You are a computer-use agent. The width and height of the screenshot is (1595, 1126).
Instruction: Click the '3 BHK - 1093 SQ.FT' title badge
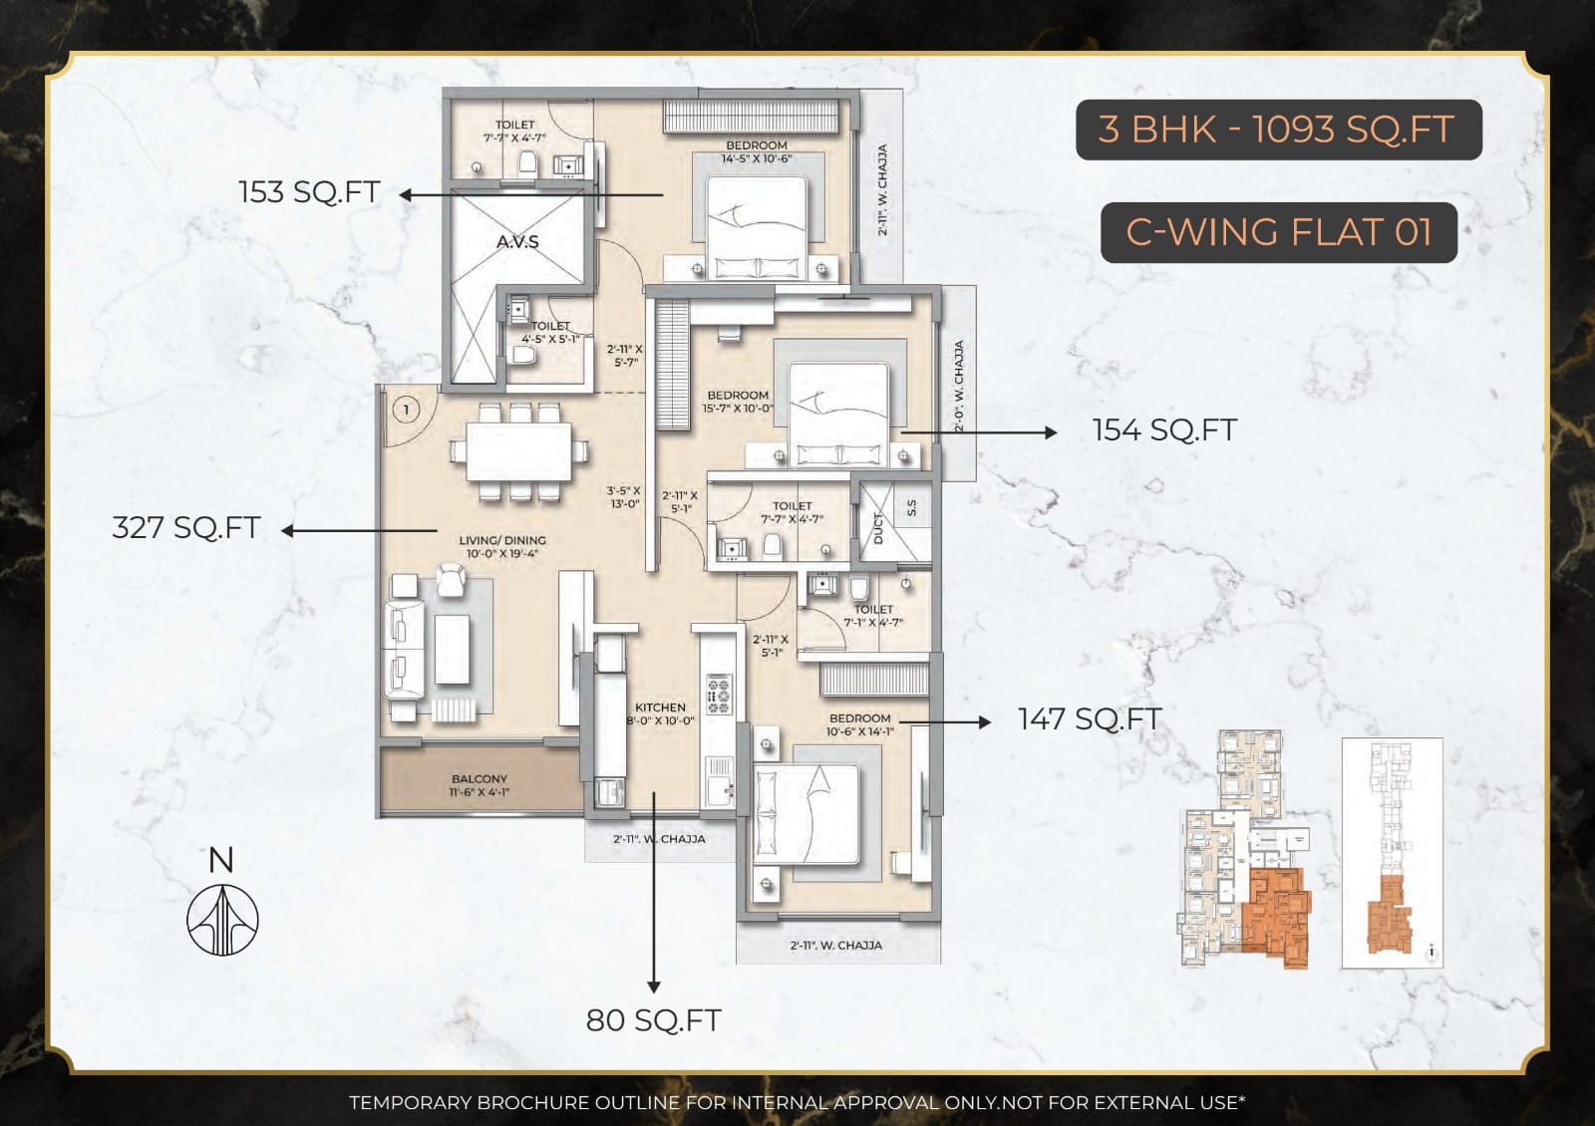click(1278, 130)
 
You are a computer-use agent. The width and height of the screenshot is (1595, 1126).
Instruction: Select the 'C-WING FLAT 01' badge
click(1278, 232)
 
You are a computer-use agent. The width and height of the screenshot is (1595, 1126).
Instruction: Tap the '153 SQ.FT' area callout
click(309, 191)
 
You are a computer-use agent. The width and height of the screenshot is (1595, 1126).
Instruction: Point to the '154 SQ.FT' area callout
click(1164, 430)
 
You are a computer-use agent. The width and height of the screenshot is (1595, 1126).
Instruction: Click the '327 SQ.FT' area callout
click(186, 527)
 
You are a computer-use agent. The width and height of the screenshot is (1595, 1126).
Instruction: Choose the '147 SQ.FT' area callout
click(1090, 718)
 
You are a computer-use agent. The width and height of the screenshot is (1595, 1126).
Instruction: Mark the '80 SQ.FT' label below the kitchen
click(653, 1020)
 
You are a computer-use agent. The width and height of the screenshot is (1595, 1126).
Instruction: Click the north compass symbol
click(222, 918)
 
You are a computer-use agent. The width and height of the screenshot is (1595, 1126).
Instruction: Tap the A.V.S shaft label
click(517, 241)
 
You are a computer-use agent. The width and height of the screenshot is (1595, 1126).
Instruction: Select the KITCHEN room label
click(660, 707)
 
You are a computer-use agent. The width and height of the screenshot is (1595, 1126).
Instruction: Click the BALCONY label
click(479, 779)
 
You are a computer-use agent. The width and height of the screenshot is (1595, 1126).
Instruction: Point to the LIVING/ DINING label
click(502, 540)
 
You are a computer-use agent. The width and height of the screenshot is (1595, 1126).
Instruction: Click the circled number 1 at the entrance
click(406, 410)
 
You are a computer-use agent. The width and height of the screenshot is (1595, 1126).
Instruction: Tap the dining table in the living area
click(518, 451)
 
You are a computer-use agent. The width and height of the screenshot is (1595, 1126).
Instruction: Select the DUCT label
click(878, 528)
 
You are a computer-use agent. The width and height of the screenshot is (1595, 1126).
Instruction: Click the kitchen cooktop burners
click(719, 695)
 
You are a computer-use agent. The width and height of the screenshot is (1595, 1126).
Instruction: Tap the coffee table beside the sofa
click(452, 649)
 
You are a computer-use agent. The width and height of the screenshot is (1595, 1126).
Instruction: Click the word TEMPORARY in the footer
click(410, 1102)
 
